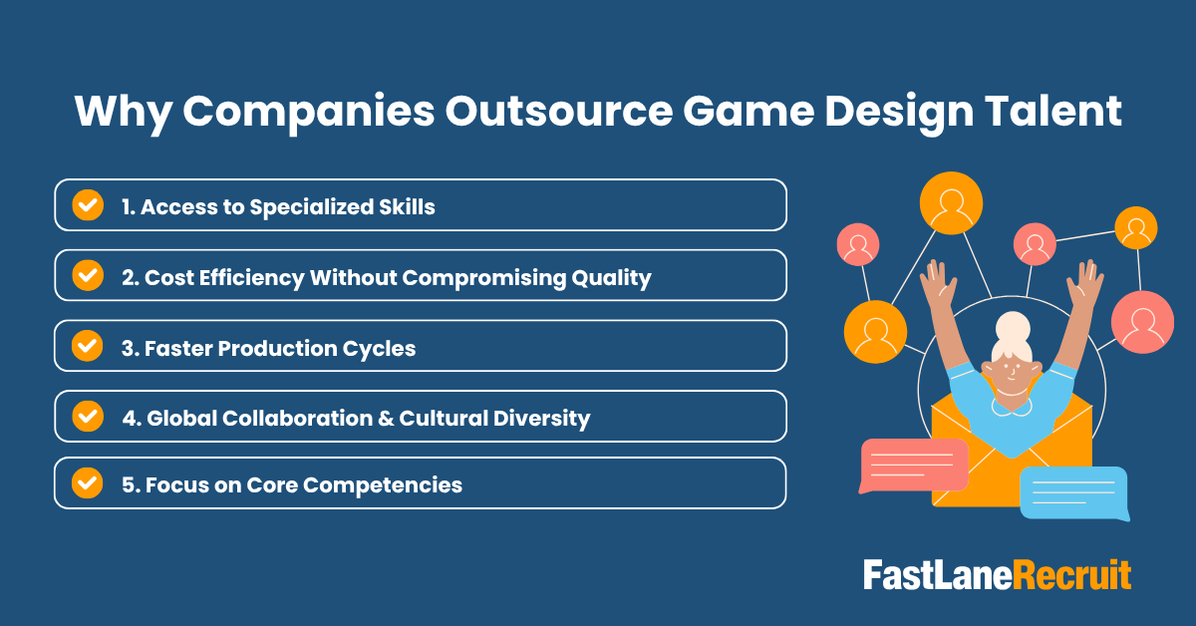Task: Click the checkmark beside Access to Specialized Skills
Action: [89, 205]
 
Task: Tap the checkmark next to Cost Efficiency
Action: [89, 276]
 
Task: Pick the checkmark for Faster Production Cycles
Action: [89, 346]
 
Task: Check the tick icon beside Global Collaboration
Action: [89, 416]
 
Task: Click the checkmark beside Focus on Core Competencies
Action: [89, 483]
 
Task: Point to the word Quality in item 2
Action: [611, 278]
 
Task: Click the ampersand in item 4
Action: [385, 418]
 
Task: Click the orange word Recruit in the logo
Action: [1072, 575]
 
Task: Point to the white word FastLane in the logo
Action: [937, 575]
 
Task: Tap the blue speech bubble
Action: [1074, 492]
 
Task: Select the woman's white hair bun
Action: [1013, 327]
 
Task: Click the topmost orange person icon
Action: [951, 202]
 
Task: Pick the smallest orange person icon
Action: [1135, 227]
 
